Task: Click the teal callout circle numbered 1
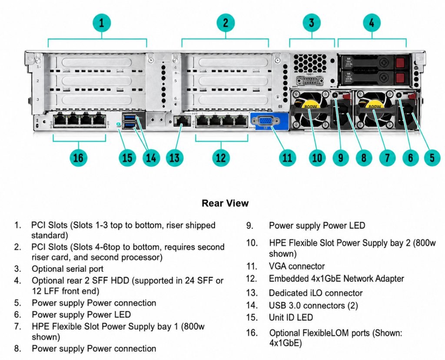(x=102, y=23)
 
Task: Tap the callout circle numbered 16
(x=78, y=158)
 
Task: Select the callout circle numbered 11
(x=287, y=158)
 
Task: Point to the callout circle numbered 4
(x=372, y=23)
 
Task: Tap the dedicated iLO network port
(x=182, y=122)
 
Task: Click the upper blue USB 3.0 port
(x=130, y=117)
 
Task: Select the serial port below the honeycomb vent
(x=309, y=81)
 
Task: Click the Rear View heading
(x=225, y=203)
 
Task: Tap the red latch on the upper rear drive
(x=400, y=63)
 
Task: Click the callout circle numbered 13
(x=175, y=158)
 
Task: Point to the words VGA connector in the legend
(x=297, y=266)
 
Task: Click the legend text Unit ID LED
(x=291, y=317)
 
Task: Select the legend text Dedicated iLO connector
(x=315, y=293)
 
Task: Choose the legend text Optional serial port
(x=67, y=269)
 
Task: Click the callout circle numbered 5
(x=432, y=158)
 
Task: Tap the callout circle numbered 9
(x=341, y=158)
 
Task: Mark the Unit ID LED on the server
(x=119, y=124)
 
